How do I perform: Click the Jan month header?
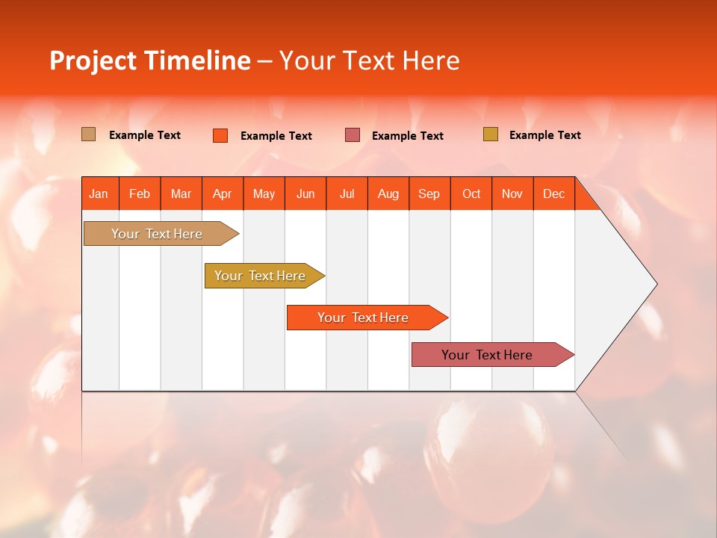tap(99, 194)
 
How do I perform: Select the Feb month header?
tap(140, 194)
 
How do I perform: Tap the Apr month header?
tap(223, 194)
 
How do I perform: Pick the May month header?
tap(264, 194)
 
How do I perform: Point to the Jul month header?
tap(347, 194)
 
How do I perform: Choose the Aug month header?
tap(388, 194)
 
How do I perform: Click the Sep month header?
tap(429, 194)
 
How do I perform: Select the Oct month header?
tap(471, 194)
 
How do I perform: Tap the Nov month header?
tap(512, 194)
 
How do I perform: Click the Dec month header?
tap(553, 194)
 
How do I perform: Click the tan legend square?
tap(89, 134)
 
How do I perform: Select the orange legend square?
tap(220, 135)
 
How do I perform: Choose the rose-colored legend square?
tap(353, 135)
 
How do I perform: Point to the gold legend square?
tap(490, 134)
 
